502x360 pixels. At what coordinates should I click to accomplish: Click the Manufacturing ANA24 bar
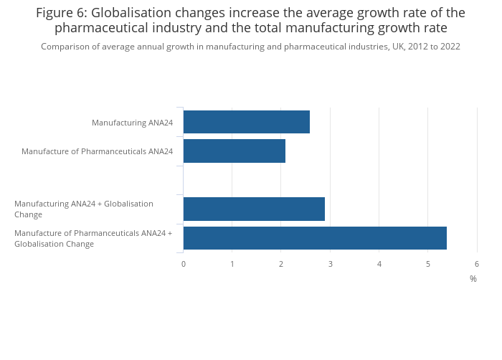(246, 122)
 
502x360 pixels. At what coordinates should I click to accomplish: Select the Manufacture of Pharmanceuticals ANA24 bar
(234, 151)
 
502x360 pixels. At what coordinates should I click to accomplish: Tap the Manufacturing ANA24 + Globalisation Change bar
(254, 209)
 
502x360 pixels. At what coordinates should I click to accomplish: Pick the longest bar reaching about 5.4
(315, 238)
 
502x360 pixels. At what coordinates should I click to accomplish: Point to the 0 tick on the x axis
(184, 264)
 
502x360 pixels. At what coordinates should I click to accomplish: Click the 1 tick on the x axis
(232, 264)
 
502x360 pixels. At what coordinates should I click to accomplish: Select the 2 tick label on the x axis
(281, 264)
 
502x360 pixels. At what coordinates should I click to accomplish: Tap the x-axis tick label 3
(330, 264)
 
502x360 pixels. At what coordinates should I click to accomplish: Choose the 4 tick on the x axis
(379, 264)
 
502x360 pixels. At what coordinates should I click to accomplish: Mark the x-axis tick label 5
(428, 264)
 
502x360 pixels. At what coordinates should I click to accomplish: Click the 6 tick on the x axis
(477, 264)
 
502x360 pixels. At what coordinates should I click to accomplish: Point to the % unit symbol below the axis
(473, 279)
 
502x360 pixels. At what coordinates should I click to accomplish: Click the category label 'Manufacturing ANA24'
(132, 123)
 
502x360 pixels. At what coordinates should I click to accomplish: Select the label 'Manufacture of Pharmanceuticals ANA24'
(97, 151)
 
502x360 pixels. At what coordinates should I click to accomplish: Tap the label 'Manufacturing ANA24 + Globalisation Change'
(83, 209)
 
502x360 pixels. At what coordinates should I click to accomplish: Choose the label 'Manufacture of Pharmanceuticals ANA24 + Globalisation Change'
(93, 238)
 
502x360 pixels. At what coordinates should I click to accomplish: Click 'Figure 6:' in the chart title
(61, 13)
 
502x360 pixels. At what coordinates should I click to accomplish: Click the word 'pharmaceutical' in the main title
(100, 28)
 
